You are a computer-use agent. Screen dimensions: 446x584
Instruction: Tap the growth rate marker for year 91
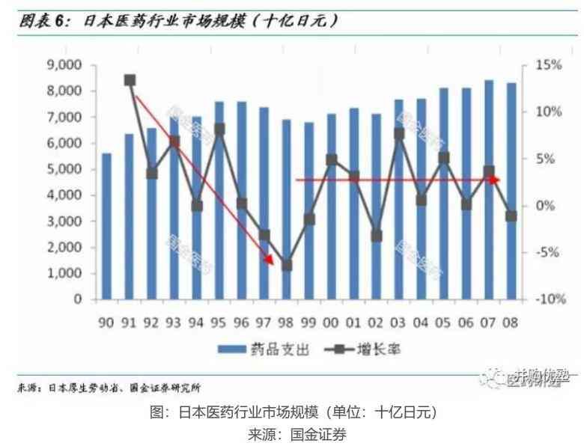point(130,80)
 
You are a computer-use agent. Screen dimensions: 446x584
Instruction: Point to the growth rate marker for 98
point(286,265)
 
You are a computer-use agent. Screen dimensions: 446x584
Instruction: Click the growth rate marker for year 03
point(399,134)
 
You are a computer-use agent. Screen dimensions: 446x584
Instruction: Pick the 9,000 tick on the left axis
point(64,66)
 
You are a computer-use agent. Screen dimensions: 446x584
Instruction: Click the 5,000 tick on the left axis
point(64,169)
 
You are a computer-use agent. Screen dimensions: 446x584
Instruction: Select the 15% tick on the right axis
point(547,66)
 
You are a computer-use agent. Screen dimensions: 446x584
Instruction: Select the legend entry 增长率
point(358,349)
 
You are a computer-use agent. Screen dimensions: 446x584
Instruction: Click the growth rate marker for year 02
point(377,235)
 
